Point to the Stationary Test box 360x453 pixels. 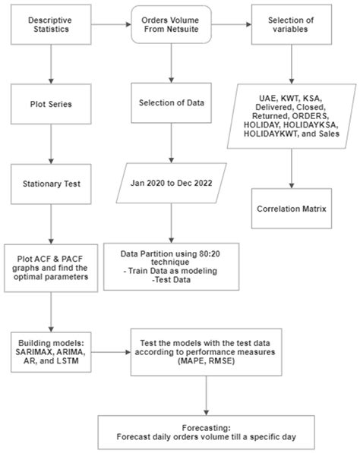pos(48,182)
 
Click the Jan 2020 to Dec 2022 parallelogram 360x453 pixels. pos(169,182)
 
